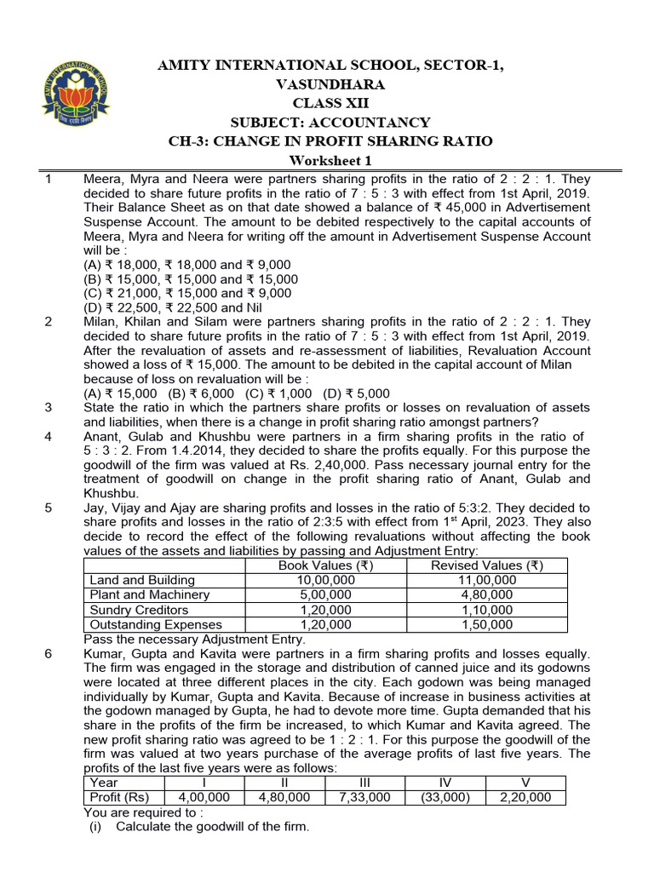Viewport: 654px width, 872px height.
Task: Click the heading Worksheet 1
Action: [x=327, y=162]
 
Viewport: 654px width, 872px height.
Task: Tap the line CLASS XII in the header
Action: [x=327, y=103]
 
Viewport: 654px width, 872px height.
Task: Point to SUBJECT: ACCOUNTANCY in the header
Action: [x=327, y=122]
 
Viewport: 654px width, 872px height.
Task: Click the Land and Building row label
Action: [x=135, y=580]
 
